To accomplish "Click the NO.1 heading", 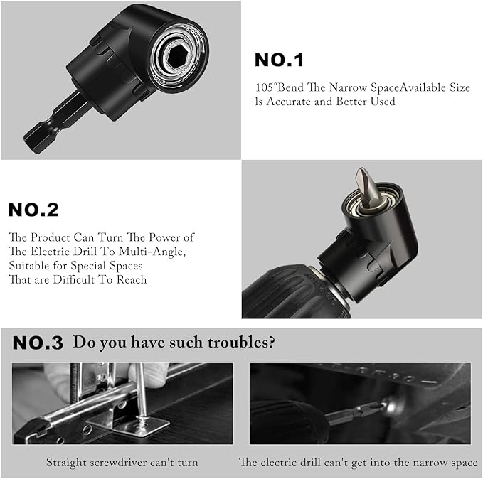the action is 279,60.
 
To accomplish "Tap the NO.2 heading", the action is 33,210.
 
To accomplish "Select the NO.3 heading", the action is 38,343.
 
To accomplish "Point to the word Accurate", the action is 289,102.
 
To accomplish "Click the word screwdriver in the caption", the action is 119,463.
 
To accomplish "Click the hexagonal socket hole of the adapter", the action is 175,55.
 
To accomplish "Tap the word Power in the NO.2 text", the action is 165,237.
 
